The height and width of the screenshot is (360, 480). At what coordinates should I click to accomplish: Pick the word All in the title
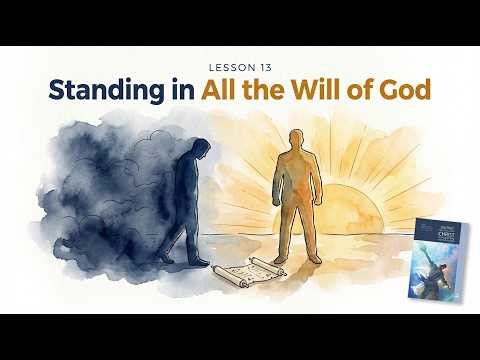[223, 90]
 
